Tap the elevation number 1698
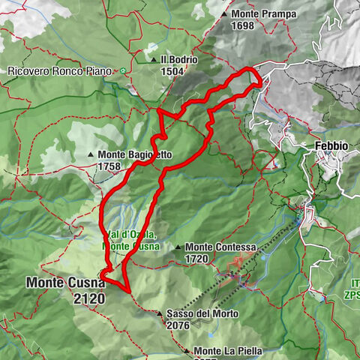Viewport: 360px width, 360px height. coord(243,25)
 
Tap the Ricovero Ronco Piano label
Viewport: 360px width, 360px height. coord(59,71)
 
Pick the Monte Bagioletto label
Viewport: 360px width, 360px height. coord(135,155)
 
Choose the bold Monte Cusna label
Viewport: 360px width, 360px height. coord(66,283)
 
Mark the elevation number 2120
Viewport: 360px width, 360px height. coord(90,298)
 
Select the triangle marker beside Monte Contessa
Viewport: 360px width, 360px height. coord(177,247)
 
